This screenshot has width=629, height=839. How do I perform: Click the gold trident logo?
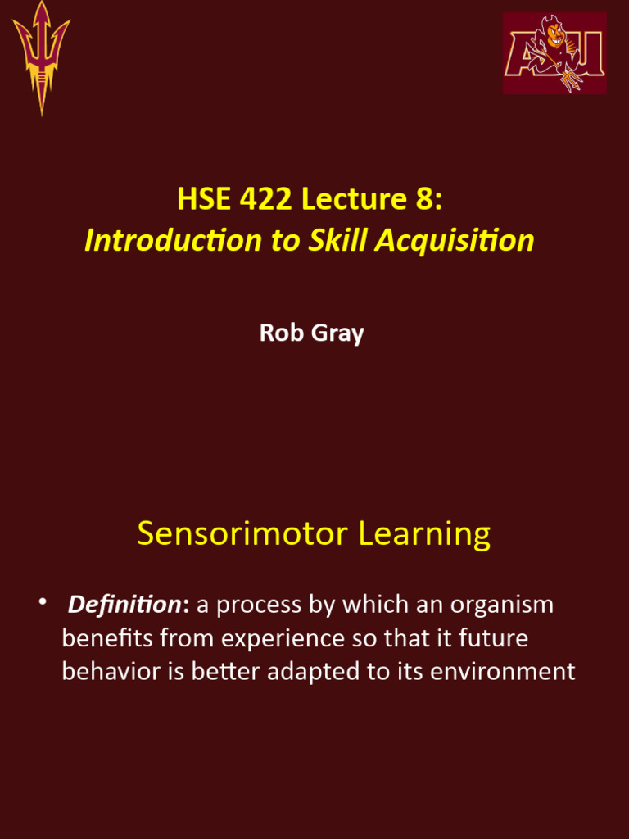point(41,58)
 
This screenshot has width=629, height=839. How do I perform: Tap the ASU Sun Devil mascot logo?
point(554,53)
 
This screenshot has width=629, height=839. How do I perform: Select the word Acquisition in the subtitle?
point(455,242)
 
